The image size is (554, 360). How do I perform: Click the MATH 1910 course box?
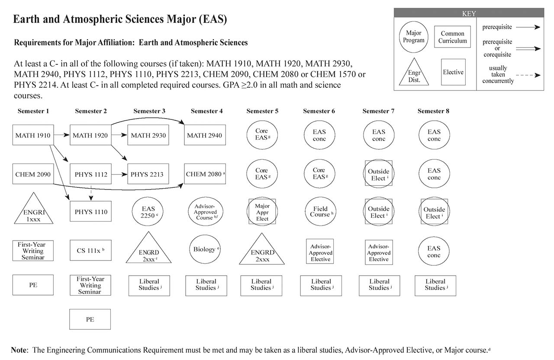(x=33, y=135)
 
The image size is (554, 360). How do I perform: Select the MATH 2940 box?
(x=204, y=135)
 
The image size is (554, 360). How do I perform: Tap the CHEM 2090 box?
(x=33, y=174)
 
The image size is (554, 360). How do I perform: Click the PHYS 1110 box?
(x=90, y=212)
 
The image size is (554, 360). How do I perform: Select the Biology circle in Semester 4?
(x=204, y=249)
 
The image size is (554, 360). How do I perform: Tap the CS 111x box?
(x=90, y=250)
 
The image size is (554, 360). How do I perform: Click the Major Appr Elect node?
(x=262, y=212)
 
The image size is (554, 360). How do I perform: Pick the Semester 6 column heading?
(x=319, y=111)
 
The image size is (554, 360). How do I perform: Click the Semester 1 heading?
(x=33, y=111)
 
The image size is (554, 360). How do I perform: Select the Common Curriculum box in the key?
(x=453, y=37)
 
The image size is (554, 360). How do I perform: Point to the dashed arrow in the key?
(x=528, y=75)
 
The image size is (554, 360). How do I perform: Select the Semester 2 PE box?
(x=90, y=319)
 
